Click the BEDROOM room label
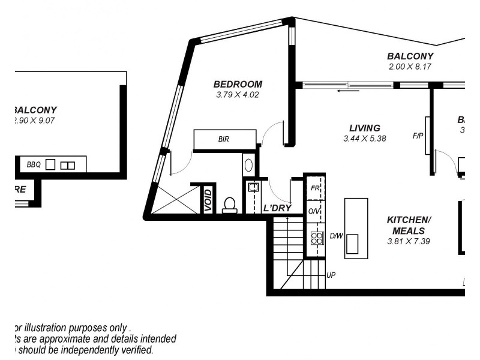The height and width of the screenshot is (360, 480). coord(238,84)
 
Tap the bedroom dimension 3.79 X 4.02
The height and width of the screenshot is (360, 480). coord(238,95)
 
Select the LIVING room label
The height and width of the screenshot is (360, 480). coord(365,128)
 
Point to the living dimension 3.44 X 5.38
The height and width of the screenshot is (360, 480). coord(365,139)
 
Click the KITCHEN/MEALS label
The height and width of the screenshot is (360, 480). coord(409,225)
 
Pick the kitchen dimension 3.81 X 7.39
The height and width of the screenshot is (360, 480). coord(409,241)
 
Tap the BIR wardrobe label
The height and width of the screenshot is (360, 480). coord(224,140)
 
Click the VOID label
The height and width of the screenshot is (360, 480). coord(208,201)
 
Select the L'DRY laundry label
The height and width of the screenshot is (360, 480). coord(277,208)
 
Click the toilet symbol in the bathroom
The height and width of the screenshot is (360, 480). coord(229,205)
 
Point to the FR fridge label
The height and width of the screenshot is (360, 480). coord(314,188)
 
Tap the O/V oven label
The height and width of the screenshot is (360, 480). coord(314,212)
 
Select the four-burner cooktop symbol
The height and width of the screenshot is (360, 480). coord(316,237)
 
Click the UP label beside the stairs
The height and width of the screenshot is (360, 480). coord(331,275)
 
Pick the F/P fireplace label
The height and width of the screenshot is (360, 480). coord(418,136)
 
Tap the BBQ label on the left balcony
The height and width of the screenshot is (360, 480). coord(33,164)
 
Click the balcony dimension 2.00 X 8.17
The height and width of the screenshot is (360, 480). coord(410,67)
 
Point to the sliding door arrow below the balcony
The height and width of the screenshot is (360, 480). coord(348,91)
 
